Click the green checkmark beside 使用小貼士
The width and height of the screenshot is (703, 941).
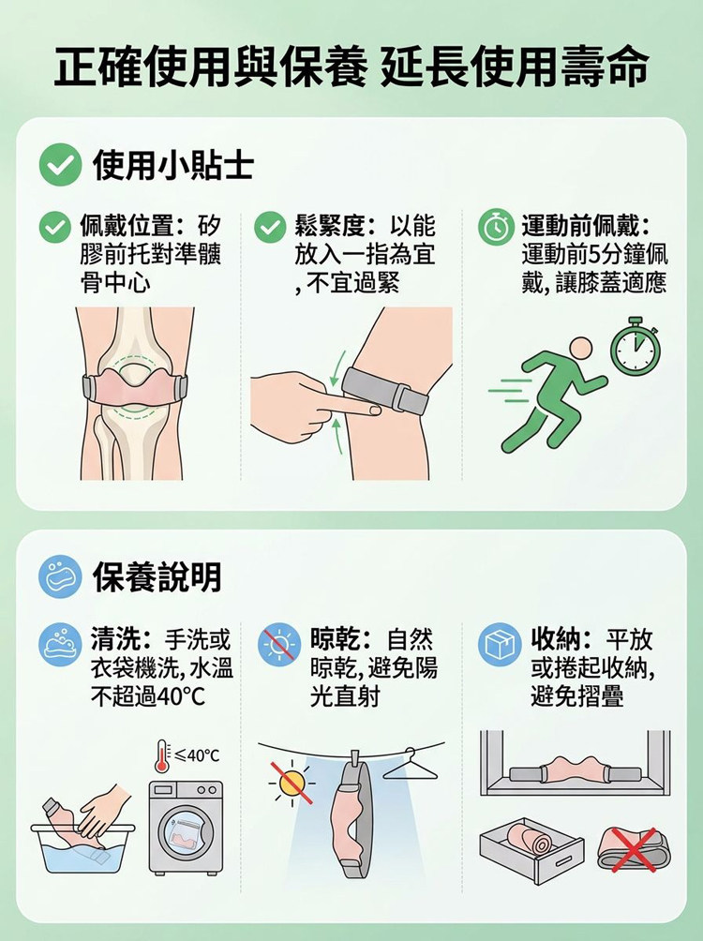[x=60, y=164]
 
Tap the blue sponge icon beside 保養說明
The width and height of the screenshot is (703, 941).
[x=60, y=576]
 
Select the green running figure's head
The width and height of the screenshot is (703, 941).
[x=580, y=350]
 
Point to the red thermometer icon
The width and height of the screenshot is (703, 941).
[x=161, y=756]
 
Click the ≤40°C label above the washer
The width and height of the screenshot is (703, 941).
[x=197, y=755]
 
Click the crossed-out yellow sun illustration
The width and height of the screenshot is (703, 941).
[x=292, y=783]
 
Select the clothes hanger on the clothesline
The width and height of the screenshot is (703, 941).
[x=411, y=765]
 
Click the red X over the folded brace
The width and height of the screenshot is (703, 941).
[x=634, y=850]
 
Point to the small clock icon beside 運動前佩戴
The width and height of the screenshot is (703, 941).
[x=496, y=227]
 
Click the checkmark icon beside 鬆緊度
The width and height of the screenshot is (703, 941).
[x=270, y=227]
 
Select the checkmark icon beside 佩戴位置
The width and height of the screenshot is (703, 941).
[x=54, y=227]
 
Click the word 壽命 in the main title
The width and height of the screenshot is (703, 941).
[x=606, y=67]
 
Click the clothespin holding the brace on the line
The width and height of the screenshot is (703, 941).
[x=355, y=758]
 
